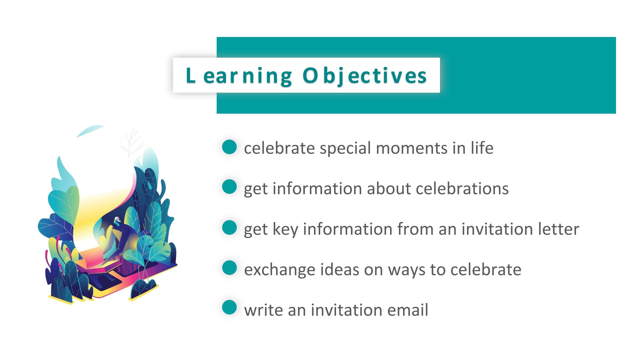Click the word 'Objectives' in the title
pyautogui.click(x=365, y=76)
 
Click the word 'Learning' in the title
pyautogui.click(x=239, y=76)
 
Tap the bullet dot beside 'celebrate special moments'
pyautogui.click(x=229, y=147)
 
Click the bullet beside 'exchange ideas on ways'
pyautogui.click(x=229, y=268)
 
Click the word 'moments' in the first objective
pyautogui.click(x=411, y=148)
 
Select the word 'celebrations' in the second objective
pyautogui.click(x=462, y=189)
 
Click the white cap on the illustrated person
pyautogui.click(x=117, y=219)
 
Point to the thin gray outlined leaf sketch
pyautogui.click(x=132, y=142)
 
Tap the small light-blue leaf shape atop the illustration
pyautogui.click(x=90, y=131)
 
